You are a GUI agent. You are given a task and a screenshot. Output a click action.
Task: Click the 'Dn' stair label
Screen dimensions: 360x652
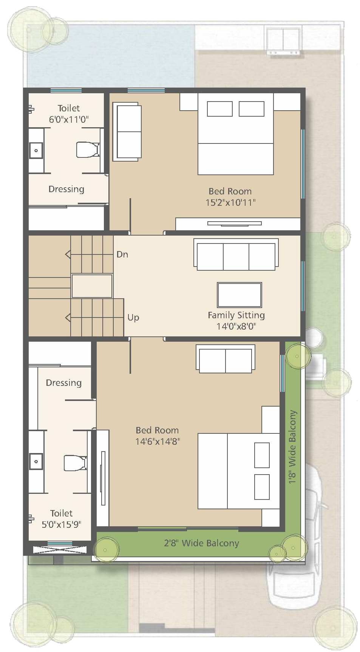122,254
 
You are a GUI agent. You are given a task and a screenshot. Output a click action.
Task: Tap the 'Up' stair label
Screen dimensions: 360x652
133,318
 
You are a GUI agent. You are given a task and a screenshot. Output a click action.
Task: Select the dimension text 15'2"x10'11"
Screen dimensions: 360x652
230,203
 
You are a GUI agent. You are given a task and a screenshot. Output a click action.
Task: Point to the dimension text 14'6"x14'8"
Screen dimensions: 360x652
158,441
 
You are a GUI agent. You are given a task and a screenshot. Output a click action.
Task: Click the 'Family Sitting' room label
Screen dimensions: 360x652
236,315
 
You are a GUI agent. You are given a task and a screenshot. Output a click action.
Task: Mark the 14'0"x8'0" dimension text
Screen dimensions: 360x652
236,326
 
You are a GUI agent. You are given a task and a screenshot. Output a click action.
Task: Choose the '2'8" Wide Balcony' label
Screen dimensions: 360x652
201,543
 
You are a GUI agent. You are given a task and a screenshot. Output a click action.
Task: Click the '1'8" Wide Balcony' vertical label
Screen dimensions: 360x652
292,447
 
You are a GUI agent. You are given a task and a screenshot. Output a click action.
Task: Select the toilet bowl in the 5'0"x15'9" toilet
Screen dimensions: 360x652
75,463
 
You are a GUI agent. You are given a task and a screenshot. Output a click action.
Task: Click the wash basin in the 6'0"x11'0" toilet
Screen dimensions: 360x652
36,151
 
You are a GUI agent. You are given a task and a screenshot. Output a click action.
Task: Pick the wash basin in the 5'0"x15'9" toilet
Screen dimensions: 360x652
36,461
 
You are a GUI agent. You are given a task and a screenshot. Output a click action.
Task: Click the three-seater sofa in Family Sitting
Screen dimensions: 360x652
236,254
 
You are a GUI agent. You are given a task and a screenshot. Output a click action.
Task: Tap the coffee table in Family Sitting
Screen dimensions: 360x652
239,295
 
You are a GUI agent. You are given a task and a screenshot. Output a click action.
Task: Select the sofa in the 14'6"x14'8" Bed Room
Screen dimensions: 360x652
225,359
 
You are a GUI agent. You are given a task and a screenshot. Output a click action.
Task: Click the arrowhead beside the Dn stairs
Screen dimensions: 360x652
68,254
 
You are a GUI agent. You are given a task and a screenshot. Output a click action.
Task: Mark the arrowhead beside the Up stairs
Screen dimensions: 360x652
68,318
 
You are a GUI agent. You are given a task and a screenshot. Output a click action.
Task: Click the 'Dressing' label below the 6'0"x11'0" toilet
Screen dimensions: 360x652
66,189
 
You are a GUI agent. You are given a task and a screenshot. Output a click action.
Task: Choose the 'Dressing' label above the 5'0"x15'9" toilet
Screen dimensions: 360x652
64,383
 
